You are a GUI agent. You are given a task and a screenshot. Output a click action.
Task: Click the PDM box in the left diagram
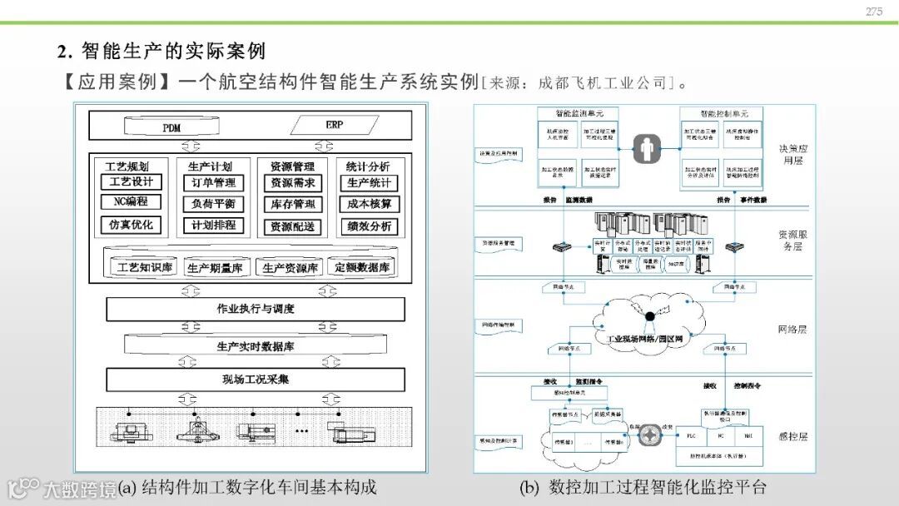[171, 128]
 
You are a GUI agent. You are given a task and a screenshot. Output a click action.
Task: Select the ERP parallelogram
[334, 126]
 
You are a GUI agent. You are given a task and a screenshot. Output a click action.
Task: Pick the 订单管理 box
[214, 183]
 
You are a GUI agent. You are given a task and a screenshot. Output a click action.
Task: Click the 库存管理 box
[292, 205]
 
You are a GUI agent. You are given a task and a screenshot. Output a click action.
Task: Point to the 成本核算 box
[370, 205]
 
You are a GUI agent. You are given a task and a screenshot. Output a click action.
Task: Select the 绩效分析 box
[370, 226]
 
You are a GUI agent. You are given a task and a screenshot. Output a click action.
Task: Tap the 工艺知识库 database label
[144, 268]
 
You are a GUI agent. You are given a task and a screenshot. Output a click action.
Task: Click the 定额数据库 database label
[362, 268]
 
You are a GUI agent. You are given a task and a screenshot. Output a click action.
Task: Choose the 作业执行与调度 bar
[256, 310]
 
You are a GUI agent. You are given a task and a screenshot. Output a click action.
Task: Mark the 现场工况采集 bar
[256, 379]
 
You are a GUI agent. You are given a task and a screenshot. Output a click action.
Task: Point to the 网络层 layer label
[792, 330]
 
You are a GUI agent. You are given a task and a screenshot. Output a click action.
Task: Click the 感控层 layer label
[792, 436]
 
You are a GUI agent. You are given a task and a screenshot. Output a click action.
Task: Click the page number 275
[873, 12]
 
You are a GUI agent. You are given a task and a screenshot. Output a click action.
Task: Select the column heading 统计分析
[368, 166]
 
